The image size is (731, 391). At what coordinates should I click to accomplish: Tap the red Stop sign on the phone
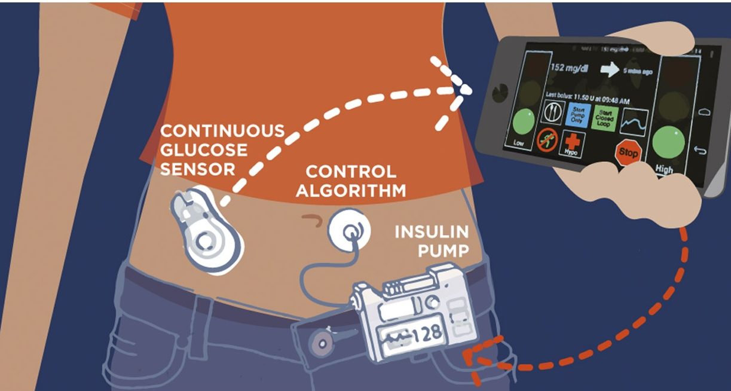pyautogui.click(x=628, y=152)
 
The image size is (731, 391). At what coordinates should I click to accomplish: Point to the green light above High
pyautogui.click(x=668, y=142)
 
